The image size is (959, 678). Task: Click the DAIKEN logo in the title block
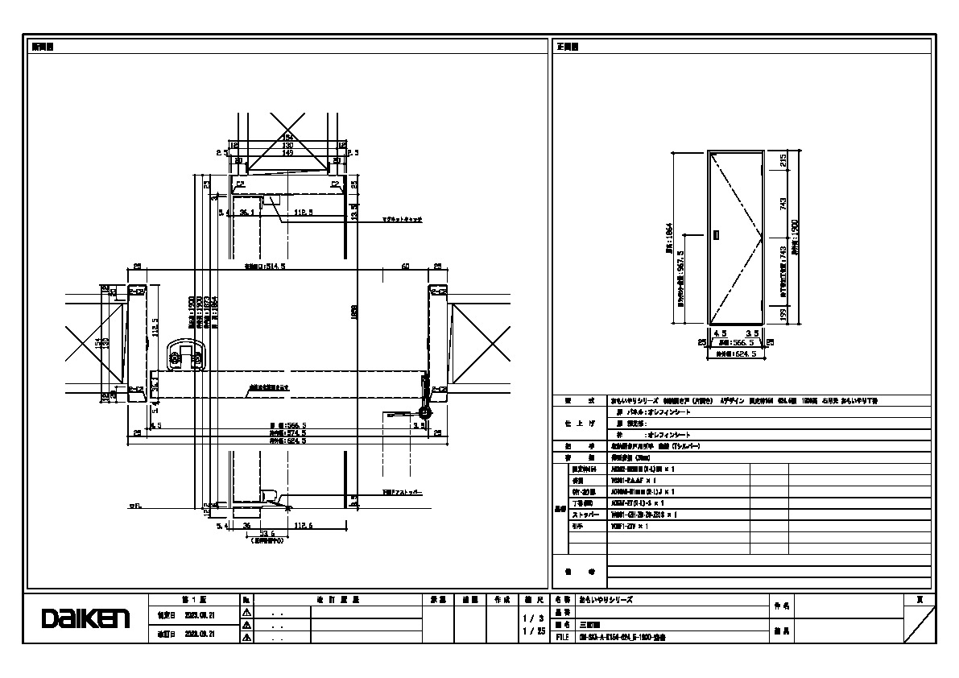click(85, 618)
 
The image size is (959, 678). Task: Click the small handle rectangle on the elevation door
click(716, 236)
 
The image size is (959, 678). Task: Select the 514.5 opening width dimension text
click(265, 265)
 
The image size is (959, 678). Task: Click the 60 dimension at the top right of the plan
click(406, 266)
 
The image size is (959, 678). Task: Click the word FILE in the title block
click(563, 636)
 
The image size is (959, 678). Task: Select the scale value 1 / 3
click(528, 618)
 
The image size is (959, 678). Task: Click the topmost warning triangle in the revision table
click(246, 613)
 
